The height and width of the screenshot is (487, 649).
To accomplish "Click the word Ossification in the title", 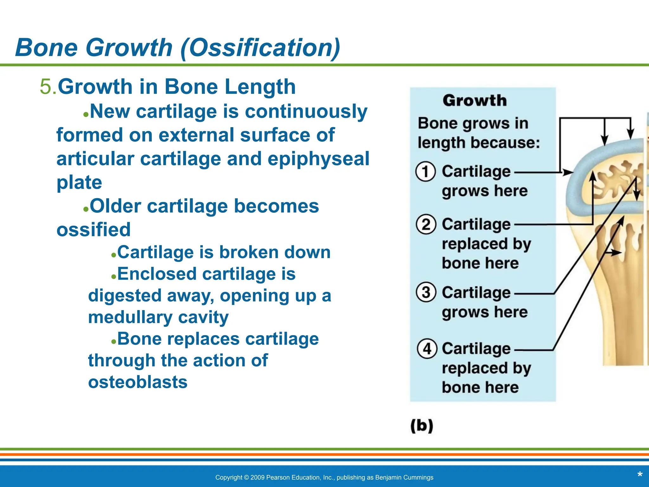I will [x=260, y=48].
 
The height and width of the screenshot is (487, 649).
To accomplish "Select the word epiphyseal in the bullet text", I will [x=318, y=159].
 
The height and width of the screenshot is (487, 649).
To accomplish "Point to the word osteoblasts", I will [x=138, y=382].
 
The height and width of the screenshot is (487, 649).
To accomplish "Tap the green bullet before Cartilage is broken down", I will [x=113, y=255].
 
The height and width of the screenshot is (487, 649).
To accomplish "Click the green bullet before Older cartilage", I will [x=86, y=209].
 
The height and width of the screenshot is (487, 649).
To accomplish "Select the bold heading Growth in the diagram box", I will [x=474, y=101].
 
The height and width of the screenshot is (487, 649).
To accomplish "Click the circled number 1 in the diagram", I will [x=426, y=172].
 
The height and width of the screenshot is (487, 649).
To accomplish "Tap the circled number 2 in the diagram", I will [x=426, y=224].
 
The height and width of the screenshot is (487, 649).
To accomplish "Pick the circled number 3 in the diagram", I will [x=426, y=292].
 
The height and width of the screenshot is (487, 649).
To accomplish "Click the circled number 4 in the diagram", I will [x=427, y=349].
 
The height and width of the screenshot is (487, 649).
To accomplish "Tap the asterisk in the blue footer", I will [x=639, y=475].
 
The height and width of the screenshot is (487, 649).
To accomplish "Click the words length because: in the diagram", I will [x=479, y=143].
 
